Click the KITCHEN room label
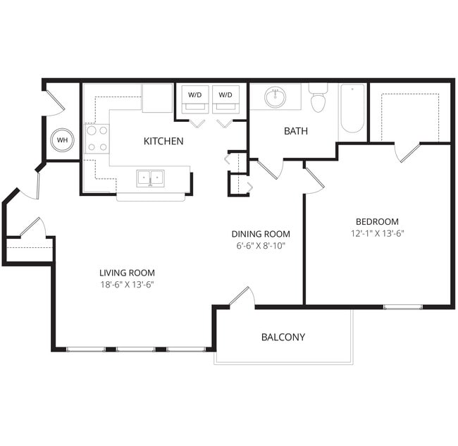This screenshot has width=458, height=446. tap(163, 141)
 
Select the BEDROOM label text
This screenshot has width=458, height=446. tap(377, 221)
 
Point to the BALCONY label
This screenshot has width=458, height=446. tap(283, 337)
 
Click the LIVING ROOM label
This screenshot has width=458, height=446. tap(127, 273)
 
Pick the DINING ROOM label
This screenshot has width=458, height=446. tap(261, 234)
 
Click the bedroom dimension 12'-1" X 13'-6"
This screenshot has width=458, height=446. tap(377, 233)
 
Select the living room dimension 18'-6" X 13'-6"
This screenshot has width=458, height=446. tap(127, 285)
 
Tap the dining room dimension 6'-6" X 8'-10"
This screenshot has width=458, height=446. tap(261, 246)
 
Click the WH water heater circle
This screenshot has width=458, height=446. tap(63, 140)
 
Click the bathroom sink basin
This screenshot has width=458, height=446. tap(275, 97)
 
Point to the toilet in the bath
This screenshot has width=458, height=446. tap(318, 99)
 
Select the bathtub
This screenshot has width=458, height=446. tap(352, 109)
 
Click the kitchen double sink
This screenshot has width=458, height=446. tap(149, 178)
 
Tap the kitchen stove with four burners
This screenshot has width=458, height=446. tap(97, 138)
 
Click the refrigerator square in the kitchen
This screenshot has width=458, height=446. tap(157, 98)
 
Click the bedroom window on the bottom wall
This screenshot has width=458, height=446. tap(403, 306)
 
